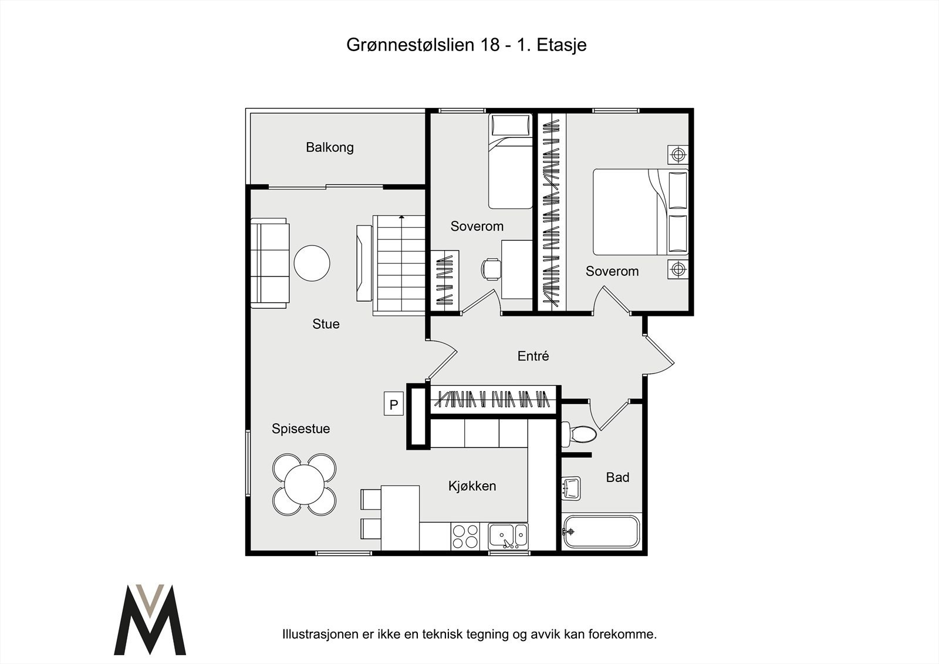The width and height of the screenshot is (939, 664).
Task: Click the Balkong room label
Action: pos(329,147)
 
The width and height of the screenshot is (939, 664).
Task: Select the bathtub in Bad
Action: pos(600,531)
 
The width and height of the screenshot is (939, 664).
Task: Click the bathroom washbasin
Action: pos(570,488)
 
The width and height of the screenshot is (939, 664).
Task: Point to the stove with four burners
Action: pos(465,537)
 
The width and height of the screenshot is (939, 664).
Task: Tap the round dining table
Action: pos(305,484)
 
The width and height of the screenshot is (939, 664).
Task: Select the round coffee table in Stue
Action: pos(312,263)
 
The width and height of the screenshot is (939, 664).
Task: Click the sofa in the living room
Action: pos(270,263)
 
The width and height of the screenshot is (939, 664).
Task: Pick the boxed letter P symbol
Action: pos(394,405)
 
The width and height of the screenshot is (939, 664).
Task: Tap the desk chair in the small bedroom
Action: pos(491,269)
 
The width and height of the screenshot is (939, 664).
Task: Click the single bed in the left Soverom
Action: pos(510,161)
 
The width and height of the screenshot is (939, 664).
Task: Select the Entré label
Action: pos(533,356)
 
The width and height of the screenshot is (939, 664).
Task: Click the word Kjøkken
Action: pos(472,486)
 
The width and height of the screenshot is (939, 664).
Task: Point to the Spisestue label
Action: pos(300,429)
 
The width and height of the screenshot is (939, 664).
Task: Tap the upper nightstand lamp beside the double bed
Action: pos(678,154)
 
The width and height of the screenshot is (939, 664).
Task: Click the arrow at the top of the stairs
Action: pos(401,217)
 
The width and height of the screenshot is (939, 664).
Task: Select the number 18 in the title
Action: pos(489,45)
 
